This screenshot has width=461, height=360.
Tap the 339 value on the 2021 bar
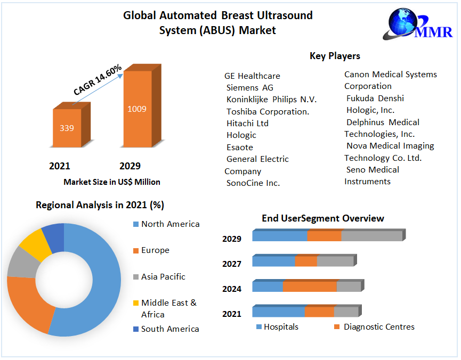[x=67, y=128]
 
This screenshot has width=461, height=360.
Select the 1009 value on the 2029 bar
[x=137, y=109]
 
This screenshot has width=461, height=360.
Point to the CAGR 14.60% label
[x=98, y=80]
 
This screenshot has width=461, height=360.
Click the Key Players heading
[x=335, y=56]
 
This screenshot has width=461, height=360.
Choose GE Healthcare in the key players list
[x=252, y=76]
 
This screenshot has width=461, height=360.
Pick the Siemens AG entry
[x=249, y=87]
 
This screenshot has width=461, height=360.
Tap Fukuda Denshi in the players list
[x=375, y=98]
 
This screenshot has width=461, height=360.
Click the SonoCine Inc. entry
[x=253, y=183]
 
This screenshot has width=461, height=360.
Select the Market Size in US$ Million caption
[x=112, y=182]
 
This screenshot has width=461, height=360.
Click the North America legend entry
[x=170, y=224]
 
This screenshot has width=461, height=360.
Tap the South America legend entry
[x=170, y=329]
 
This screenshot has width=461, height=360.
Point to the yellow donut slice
[x=31, y=242]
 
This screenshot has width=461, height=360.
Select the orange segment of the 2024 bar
[x=310, y=287]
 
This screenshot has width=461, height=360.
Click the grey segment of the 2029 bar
[x=371, y=236]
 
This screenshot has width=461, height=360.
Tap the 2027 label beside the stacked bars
[x=232, y=264]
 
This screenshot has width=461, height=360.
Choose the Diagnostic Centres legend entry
[x=378, y=326]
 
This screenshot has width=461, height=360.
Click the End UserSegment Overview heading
[x=323, y=218]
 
